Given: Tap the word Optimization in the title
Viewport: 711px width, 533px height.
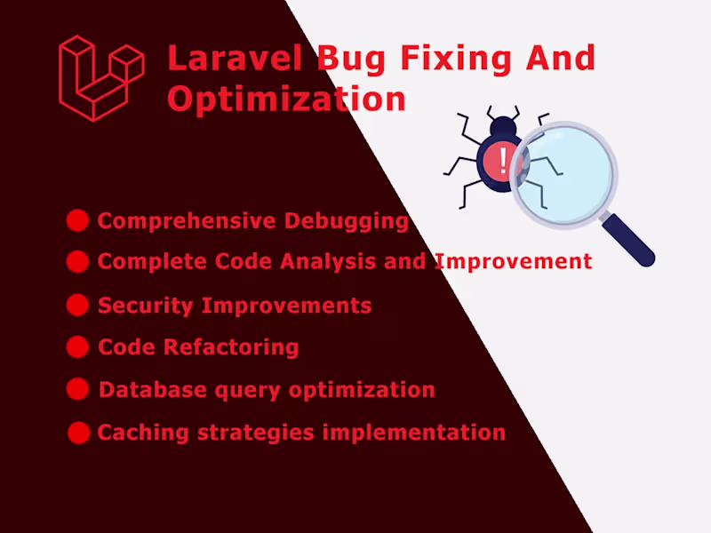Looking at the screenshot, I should [x=286, y=99].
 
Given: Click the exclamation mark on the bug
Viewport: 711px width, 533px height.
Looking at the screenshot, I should [x=504, y=161].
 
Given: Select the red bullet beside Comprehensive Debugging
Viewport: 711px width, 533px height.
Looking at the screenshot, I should [x=77, y=220].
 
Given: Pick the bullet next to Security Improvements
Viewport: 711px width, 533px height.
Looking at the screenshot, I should [x=77, y=305].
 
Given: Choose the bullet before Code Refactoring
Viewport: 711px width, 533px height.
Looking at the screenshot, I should [x=77, y=346].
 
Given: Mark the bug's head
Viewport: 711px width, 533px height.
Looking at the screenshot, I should [x=504, y=127].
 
